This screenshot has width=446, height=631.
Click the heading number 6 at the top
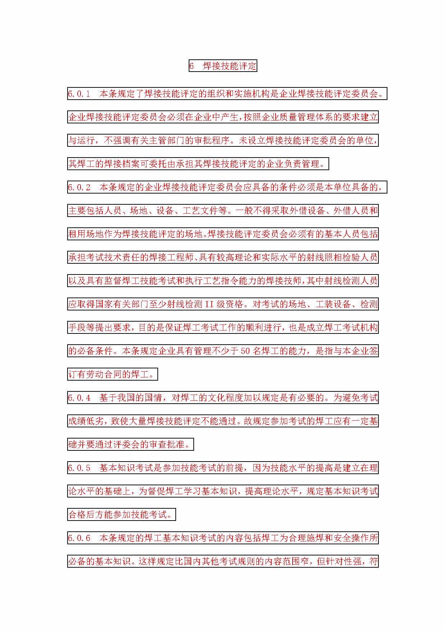[192, 66]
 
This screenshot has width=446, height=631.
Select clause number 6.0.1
[79, 94]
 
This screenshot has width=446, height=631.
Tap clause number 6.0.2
[79, 187]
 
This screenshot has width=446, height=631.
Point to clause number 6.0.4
[79, 398]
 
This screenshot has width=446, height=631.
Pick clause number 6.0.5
[79, 468]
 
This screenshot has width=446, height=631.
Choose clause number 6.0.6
[79, 538]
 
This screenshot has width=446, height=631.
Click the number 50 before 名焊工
[245, 351]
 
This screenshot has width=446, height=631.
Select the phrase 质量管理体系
[306, 117]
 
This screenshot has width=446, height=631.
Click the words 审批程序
[212, 140]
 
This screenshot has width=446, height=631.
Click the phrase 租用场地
[86, 234]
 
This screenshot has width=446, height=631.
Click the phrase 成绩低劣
[86, 421]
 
